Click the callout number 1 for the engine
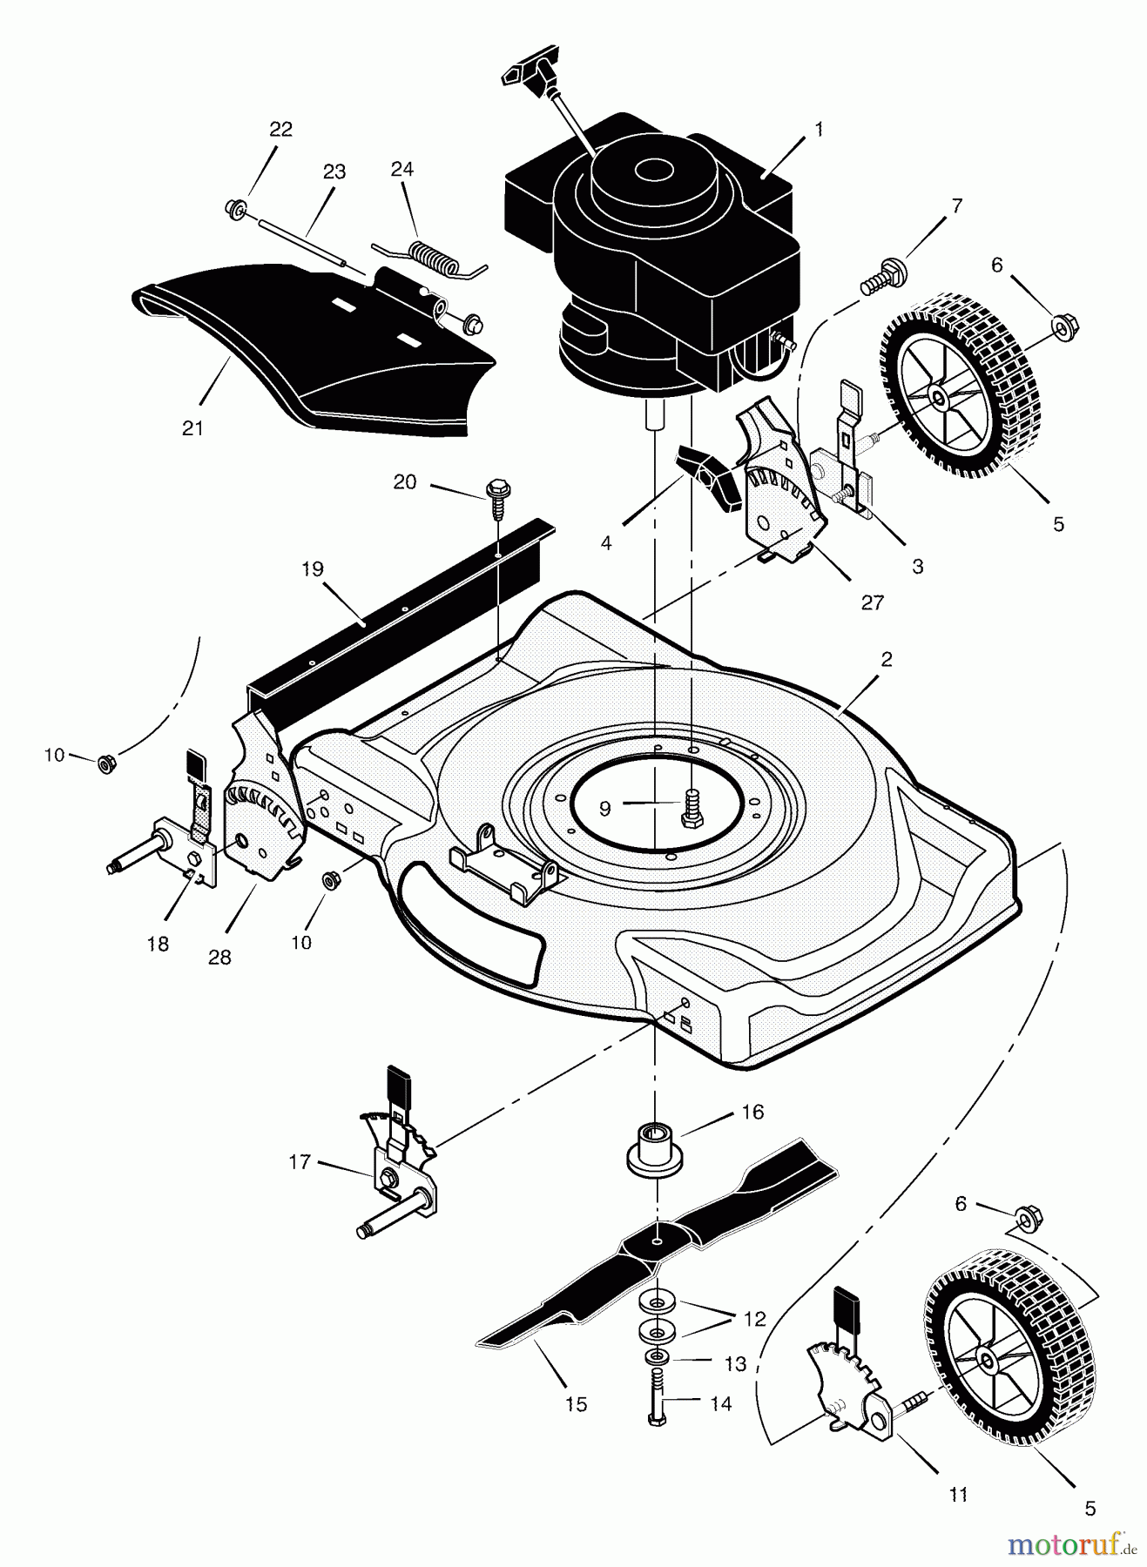818,129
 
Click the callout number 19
313,570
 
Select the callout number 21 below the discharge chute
192,428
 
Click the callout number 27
872,602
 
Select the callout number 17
300,1161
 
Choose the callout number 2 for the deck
887,659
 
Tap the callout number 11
958,1495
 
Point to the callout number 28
219,957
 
